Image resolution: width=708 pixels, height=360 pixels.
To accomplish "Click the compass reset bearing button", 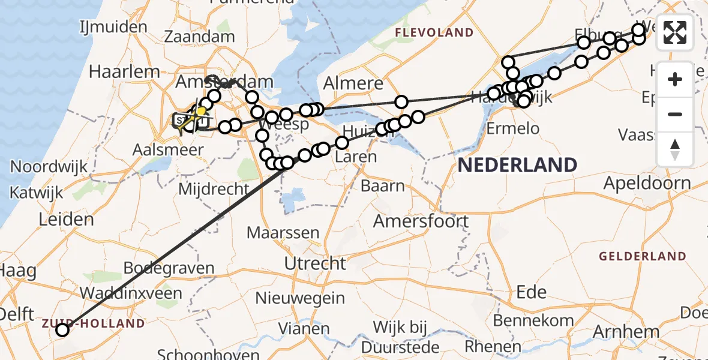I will (x=675, y=149).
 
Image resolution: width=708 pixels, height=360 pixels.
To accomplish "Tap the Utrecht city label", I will (x=315, y=263).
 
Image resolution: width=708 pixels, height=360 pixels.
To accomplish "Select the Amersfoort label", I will (x=421, y=221).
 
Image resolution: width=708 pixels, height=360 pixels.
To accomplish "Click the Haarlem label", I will (x=124, y=71).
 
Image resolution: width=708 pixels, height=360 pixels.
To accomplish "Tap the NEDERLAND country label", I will (x=517, y=164).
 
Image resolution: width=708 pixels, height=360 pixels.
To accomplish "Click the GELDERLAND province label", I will (x=642, y=256).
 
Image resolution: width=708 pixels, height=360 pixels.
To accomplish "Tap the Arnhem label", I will (x=626, y=331).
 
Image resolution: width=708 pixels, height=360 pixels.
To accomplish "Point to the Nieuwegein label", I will (x=300, y=298).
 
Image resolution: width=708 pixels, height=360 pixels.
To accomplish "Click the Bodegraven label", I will (x=169, y=268).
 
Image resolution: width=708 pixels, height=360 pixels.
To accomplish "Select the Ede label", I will (x=532, y=292).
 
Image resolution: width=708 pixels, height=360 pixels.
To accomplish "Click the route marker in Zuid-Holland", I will (x=62, y=329).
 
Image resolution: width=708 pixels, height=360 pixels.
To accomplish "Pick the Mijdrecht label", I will (x=214, y=189).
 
